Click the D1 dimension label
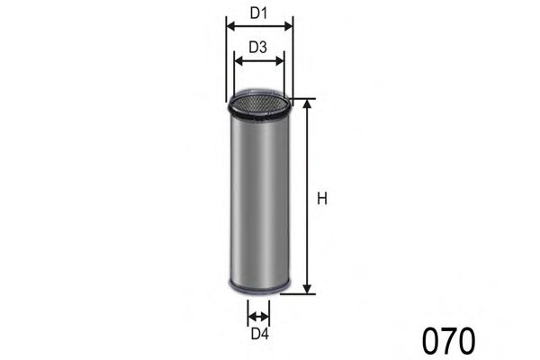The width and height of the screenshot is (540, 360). (x=259, y=13)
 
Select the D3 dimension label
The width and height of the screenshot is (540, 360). (x=258, y=49)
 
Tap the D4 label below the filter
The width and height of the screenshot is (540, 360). (x=259, y=335)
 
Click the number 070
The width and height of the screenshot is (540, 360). (x=448, y=341)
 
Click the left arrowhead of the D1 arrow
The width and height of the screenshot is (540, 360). (x=229, y=27)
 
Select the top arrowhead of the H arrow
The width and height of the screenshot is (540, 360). (x=308, y=104)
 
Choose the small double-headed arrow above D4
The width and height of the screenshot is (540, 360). (x=259, y=316)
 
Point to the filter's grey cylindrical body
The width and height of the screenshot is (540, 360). (x=258, y=198)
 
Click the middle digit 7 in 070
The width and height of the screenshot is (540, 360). (x=448, y=341)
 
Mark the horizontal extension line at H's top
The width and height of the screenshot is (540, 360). (x=301, y=99)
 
